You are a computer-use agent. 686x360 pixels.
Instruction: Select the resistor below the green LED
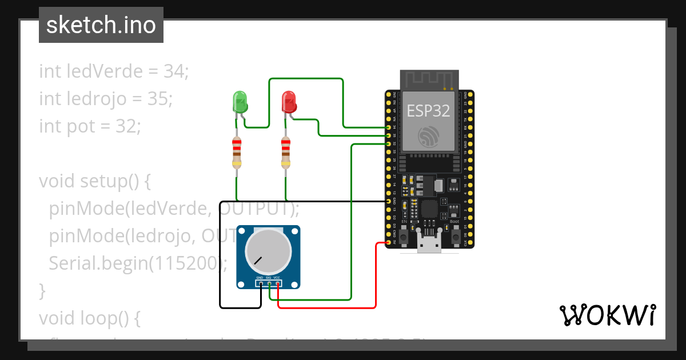237,153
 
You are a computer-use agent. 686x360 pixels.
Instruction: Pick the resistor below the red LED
286,153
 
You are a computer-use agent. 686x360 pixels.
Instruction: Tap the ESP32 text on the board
428,111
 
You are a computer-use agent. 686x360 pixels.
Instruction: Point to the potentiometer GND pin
260,283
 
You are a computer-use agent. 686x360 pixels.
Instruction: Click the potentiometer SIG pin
269,283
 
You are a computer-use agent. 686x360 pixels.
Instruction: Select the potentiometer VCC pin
277,283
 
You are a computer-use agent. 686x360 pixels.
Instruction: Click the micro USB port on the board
429,245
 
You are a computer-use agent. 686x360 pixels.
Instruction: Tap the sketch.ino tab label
101,25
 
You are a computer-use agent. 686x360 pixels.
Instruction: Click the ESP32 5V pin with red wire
389,243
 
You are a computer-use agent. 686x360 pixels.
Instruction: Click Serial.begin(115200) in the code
138,263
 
